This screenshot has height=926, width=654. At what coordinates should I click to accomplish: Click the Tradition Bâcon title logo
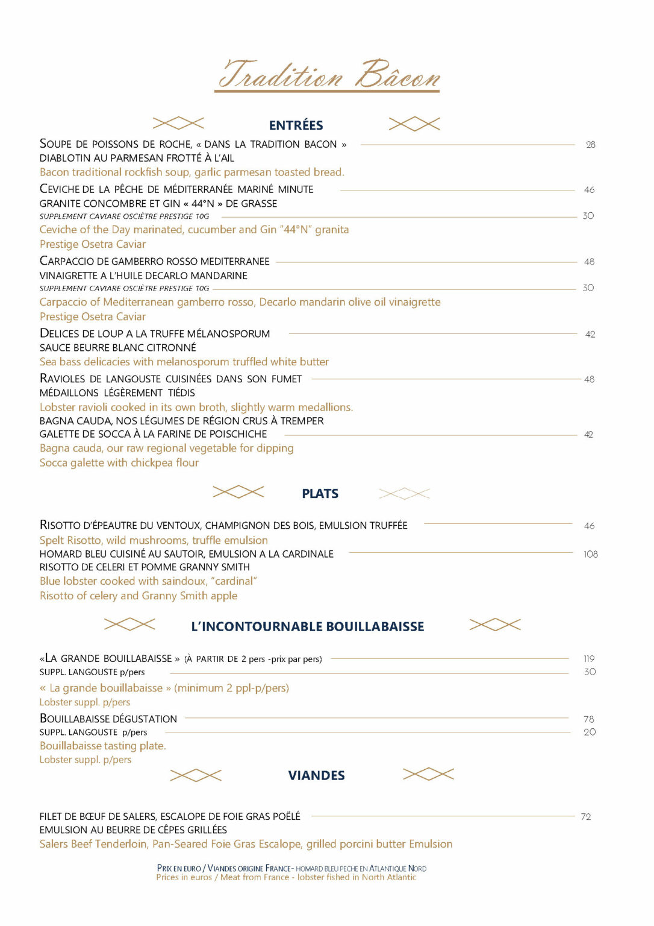tap(328, 75)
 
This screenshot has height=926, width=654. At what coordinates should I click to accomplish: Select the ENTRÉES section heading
tap(296, 125)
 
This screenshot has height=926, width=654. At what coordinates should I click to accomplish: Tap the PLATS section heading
tap(320, 494)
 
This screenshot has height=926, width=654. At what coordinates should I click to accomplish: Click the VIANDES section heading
tap(316, 775)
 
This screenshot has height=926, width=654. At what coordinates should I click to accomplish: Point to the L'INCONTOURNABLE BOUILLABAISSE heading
tap(307, 627)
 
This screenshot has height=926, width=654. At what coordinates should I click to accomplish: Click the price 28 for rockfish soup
tap(590, 145)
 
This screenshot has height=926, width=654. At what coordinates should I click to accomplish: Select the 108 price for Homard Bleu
tap(590, 554)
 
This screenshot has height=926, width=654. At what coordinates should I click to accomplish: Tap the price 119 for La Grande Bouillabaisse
tap(589, 659)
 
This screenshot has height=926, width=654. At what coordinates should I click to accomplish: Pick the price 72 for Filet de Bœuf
tap(586, 817)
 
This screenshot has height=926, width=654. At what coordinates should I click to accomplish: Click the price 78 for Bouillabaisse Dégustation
tap(589, 719)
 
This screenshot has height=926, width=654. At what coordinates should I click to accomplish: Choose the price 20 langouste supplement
tap(590, 732)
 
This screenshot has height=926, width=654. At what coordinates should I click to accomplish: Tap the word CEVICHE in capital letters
tap(60, 189)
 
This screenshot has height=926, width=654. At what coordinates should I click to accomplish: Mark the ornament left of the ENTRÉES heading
tap(178, 124)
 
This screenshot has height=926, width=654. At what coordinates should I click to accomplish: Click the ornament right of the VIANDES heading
tap(428, 774)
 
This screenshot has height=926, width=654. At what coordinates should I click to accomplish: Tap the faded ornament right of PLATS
tap(404, 494)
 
